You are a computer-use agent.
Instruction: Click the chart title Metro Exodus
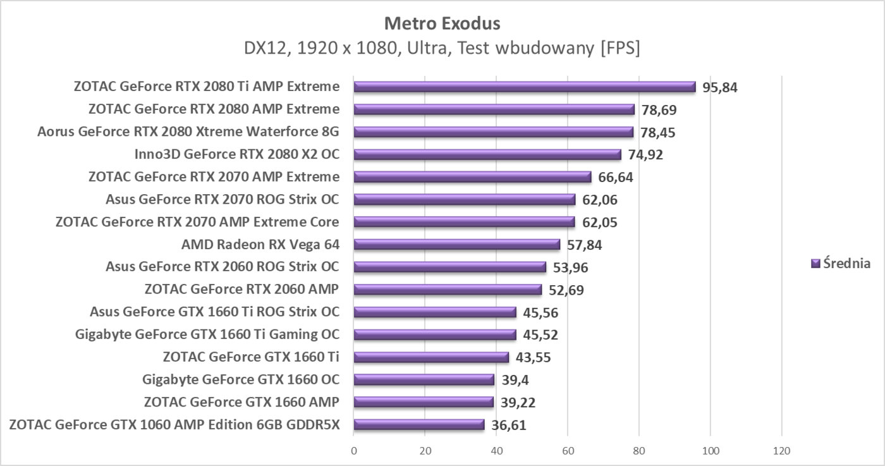pos(442,23)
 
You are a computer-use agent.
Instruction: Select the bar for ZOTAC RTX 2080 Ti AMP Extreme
pos(524,87)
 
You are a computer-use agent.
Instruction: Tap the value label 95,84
pos(720,87)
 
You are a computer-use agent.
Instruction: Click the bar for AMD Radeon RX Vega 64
pos(456,245)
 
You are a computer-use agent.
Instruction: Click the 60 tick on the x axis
pos(568,451)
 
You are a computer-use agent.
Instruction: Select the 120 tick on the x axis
pos(782,451)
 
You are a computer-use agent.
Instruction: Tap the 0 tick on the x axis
pos(354,451)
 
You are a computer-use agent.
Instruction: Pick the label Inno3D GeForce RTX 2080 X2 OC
pos(236,154)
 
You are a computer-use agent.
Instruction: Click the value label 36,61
pos(508,425)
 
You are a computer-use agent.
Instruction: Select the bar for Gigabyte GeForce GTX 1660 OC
pos(424,379)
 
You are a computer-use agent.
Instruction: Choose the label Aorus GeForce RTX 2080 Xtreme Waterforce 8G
pos(188,132)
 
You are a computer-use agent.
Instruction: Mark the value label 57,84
pos(584,245)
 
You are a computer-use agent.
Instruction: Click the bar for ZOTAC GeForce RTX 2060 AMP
pos(448,290)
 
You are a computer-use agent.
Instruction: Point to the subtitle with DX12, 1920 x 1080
pos(442,48)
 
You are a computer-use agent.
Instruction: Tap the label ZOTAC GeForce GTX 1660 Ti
pos(250,357)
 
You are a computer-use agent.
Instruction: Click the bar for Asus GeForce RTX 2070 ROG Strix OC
pos(464,200)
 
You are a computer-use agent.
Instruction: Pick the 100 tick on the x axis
pos(711,451)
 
